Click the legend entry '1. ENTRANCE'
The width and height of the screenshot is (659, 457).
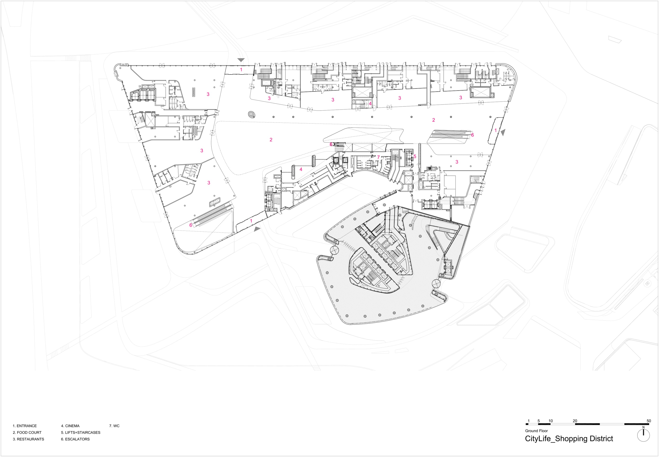click(x=25, y=426)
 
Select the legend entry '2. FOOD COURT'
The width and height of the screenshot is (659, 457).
click(x=27, y=432)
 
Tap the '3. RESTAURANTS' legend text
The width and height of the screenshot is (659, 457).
click(x=28, y=439)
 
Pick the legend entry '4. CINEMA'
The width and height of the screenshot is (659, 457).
click(x=70, y=426)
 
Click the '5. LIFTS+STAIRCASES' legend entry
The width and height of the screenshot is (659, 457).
click(x=80, y=432)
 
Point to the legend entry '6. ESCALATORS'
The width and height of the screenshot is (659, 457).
click(x=75, y=439)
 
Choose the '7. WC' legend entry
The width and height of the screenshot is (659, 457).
click(x=114, y=426)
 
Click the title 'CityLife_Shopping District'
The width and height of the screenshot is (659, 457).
click(x=569, y=439)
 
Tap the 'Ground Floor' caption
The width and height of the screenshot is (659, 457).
click(x=536, y=431)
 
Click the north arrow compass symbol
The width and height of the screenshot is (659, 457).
click(x=643, y=436)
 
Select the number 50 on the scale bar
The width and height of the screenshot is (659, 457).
click(x=649, y=421)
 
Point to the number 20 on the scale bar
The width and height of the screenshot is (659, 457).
click(x=575, y=421)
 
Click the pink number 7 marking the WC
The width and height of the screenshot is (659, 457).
click(x=378, y=157)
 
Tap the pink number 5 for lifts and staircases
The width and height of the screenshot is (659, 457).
click(x=415, y=157)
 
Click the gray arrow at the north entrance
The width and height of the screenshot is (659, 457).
click(x=241, y=60)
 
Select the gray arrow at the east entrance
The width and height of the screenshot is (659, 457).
click(x=503, y=132)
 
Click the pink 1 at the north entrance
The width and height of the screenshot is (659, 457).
click(x=241, y=70)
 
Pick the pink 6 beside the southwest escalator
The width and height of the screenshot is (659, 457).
click(x=191, y=225)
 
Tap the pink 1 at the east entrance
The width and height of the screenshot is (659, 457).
click(x=496, y=130)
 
